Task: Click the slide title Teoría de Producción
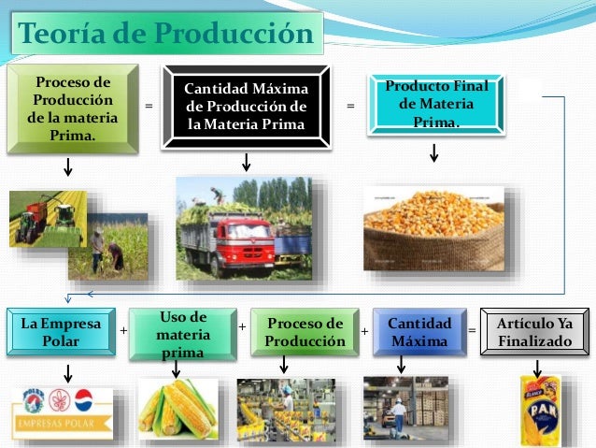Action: pyautogui.click(x=165, y=35)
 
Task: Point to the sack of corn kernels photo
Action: pyautogui.click(x=433, y=229)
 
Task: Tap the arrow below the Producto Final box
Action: pyautogui.click(x=433, y=152)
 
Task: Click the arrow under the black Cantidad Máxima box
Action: pyautogui.click(x=246, y=161)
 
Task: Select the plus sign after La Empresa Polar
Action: pyautogui.click(x=123, y=330)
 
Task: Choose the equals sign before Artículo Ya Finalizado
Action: pyautogui.click(x=471, y=331)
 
